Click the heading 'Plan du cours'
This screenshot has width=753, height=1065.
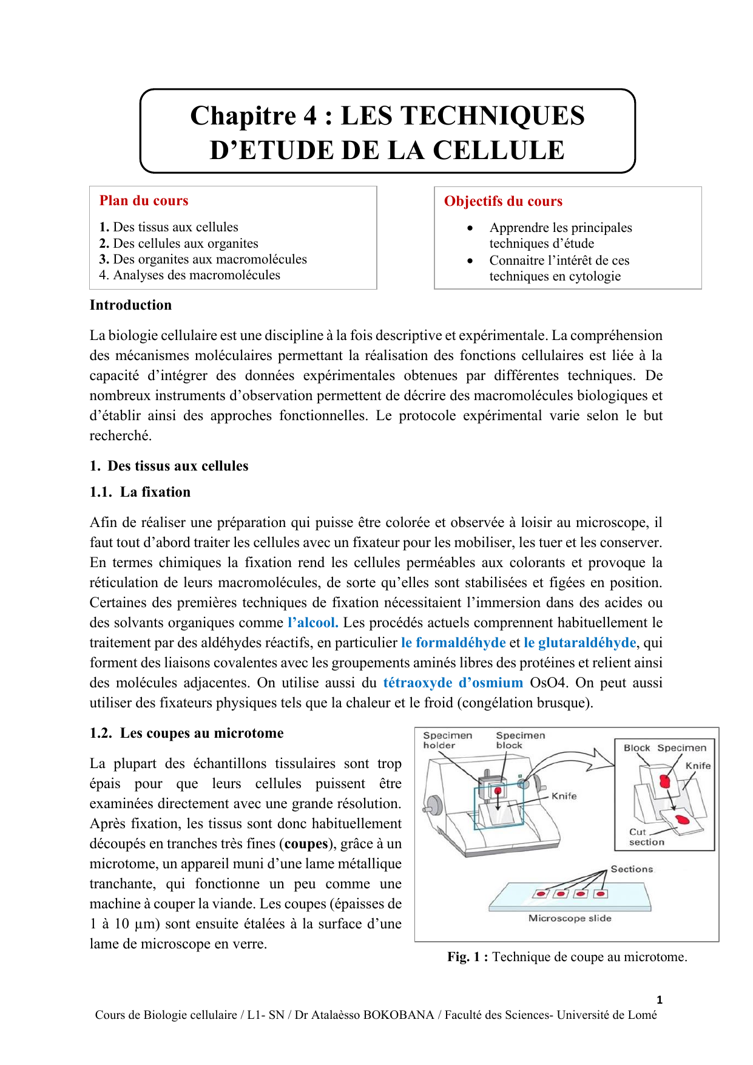click(x=144, y=201)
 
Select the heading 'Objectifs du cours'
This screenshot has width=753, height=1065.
click(x=503, y=202)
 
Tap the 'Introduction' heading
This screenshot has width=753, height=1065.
click(x=130, y=305)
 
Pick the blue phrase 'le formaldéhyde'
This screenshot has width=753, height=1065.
click(x=453, y=642)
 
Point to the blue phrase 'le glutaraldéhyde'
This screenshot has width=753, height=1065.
click(x=579, y=642)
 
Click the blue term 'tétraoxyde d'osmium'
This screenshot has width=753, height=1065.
click(x=453, y=682)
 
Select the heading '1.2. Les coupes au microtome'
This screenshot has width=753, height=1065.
click(x=186, y=733)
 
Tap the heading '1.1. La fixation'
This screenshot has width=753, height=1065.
click(x=140, y=492)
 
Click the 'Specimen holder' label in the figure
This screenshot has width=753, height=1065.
click(x=447, y=740)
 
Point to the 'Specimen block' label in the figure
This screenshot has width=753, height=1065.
click(x=520, y=740)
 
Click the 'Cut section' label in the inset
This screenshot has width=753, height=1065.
click(x=646, y=837)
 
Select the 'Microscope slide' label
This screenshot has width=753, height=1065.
click(x=570, y=918)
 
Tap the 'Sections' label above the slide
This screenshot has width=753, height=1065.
click(x=632, y=869)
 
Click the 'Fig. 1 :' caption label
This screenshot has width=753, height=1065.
click(x=467, y=957)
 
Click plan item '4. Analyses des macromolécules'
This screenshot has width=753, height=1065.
click(x=189, y=275)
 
